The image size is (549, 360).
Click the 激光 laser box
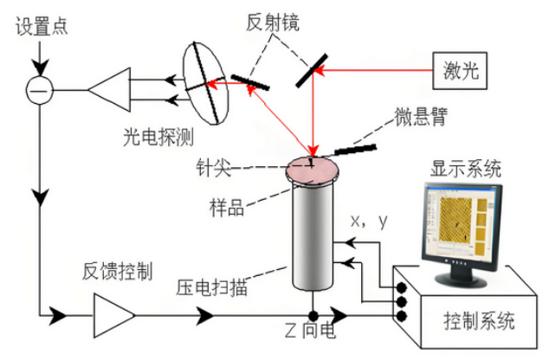460,71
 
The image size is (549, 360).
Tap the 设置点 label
42,26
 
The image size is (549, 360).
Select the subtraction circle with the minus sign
40,90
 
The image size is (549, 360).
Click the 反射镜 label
273,22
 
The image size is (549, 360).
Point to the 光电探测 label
158,137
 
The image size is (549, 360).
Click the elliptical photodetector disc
206,83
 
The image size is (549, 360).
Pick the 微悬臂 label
421,116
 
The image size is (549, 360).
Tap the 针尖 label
213,168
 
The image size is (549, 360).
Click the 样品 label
227,207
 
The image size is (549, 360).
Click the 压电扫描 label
211,287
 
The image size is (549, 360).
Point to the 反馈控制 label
118,271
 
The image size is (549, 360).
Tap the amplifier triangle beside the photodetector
110,90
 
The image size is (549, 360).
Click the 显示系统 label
466,170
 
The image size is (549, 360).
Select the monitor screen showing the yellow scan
462,224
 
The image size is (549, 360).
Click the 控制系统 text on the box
479,320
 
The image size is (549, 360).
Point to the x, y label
370,222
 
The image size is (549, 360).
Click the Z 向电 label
310,330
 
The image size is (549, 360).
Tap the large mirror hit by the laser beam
312,70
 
